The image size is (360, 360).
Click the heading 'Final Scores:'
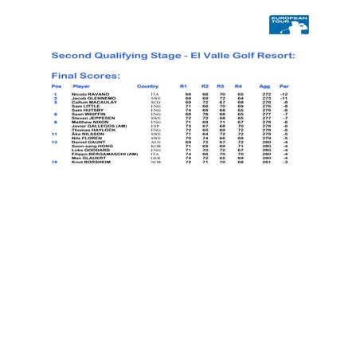tap(85, 76)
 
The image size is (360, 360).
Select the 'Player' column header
tap(81, 86)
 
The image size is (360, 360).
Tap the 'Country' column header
tap(147, 86)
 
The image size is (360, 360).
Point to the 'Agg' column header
tap(264, 86)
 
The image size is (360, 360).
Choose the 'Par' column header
tap(284, 86)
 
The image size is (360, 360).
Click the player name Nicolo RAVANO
tap(89, 94)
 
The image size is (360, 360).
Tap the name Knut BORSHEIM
tap(91, 162)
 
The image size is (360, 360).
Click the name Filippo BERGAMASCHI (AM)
tap(100, 154)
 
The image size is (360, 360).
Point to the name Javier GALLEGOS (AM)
tap(99, 126)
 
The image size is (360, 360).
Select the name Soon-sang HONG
tap(92, 146)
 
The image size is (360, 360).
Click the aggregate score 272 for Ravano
tap(266, 94)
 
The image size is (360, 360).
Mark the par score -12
tap(284, 94)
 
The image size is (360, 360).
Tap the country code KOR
tap(155, 146)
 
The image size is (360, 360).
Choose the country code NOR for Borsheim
tap(155, 162)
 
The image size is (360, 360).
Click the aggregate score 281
tap(266, 162)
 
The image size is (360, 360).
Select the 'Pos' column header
tap(56, 86)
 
